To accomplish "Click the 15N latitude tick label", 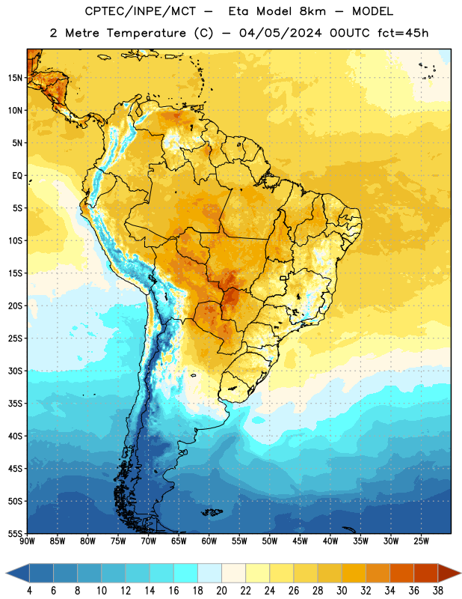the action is (x=15, y=78).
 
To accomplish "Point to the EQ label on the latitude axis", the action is (x=17, y=176).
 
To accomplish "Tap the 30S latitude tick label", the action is (x=15, y=371).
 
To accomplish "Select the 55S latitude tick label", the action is (x=15, y=533).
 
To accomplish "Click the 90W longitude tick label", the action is (x=27, y=541).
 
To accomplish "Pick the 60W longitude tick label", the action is (x=209, y=541).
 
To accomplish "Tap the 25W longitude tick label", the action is (x=421, y=541).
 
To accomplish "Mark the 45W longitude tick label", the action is (x=300, y=541).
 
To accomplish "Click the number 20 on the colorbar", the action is (x=221, y=591).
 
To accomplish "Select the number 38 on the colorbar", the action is (x=437, y=591).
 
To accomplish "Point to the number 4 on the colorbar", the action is (x=29, y=591).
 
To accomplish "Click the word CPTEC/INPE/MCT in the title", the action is (x=141, y=11).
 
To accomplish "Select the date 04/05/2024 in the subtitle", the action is (x=280, y=33).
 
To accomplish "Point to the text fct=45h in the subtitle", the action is (x=403, y=33).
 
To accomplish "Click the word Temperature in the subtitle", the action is (x=146, y=33).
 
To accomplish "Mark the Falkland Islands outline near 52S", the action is (x=212, y=512).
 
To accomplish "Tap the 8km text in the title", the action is (x=312, y=11).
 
